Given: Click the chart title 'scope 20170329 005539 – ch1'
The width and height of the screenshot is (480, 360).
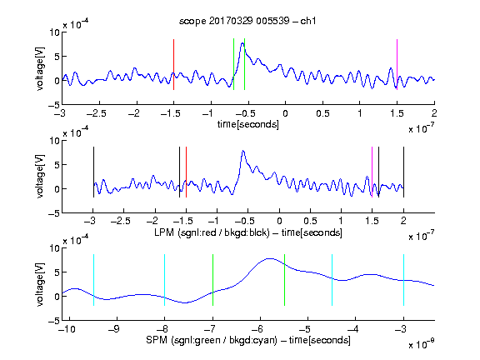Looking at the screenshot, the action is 247,21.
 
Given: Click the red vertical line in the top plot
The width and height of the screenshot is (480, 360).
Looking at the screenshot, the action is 173,64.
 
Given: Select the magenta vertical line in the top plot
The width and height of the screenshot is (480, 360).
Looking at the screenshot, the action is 397,64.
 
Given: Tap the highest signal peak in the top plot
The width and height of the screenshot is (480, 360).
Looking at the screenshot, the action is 242,43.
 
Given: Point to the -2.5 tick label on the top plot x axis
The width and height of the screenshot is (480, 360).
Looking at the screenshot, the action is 97,113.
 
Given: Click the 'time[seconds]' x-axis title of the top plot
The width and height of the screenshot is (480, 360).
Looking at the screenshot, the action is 248,124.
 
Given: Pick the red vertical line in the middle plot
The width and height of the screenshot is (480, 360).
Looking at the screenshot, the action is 186,172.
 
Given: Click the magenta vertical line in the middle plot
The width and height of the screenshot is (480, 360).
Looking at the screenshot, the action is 372,172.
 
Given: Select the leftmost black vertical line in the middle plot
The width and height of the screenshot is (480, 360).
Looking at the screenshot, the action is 93,172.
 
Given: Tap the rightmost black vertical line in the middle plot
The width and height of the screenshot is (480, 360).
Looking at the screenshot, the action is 403,172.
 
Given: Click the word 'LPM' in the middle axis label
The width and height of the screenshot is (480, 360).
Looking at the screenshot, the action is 164,232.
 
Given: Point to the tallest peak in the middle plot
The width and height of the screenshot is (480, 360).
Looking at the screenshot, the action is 243,151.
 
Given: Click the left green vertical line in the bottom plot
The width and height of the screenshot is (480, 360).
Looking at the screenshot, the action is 212,280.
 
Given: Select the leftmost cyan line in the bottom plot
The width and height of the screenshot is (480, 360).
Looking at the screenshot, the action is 93,280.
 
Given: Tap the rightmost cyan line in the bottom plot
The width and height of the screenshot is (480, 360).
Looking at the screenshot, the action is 403,280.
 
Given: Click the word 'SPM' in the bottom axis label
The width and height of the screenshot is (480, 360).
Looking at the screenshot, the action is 157,340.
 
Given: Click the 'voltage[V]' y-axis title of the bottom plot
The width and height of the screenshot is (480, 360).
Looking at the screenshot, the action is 40,284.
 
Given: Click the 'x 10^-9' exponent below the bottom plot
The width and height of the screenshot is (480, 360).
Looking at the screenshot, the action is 422,344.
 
